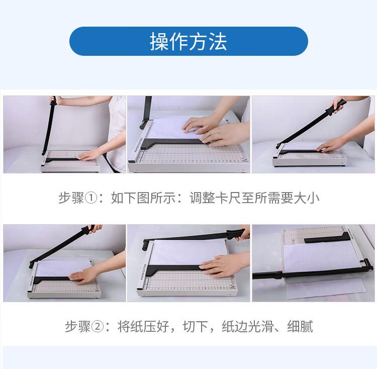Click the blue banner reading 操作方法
tap(189, 41)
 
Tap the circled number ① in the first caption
tap(91, 199)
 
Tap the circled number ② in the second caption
tap(98, 327)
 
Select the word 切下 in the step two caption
tap(196, 327)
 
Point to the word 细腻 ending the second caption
tap(300, 327)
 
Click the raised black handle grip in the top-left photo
tap(53, 101)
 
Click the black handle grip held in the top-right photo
tap(337, 106)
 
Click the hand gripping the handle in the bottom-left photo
tap(95, 228)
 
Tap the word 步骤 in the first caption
tap(71, 199)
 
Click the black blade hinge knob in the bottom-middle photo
tap(146, 244)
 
